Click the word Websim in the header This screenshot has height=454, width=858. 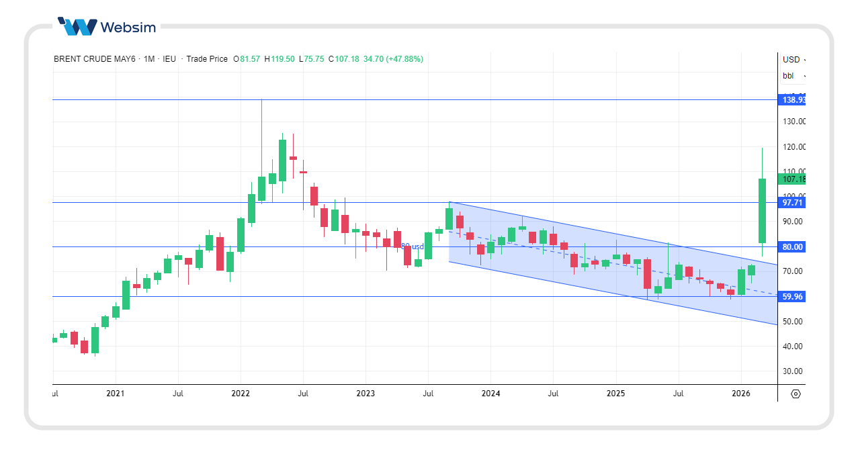point(128,28)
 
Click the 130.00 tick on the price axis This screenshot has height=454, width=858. point(793,122)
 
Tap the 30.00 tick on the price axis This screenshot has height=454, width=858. point(793,371)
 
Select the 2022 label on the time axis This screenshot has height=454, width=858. point(240,394)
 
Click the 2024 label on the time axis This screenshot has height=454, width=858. point(490,394)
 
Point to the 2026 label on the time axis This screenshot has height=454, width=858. point(740,394)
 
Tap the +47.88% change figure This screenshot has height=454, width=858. point(402,59)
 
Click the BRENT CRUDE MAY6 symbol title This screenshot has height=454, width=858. point(93,59)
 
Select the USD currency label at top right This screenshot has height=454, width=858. point(791,59)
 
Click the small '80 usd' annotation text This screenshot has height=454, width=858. point(413,246)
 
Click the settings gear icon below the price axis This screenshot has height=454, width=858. point(796,394)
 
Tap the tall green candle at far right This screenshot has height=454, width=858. point(763,210)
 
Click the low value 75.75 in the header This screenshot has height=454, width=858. point(314,59)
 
